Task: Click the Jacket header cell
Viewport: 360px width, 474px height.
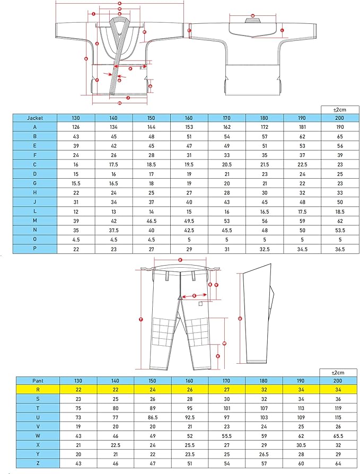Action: pos(35,118)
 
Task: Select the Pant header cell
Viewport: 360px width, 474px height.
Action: pos(37,380)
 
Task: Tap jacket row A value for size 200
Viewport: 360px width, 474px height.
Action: pos(340,127)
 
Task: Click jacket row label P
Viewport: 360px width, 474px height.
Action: pos(35,249)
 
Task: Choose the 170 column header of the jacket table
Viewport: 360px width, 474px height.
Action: pos(226,118)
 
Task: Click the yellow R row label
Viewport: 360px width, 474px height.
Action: pos(37,389)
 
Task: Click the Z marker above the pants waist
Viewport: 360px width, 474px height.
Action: pos(180,260)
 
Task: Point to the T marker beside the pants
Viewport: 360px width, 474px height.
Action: pos(141,319)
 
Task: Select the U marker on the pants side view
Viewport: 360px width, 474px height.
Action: pos(240,319)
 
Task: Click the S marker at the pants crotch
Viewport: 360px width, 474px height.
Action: pos(194,295)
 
